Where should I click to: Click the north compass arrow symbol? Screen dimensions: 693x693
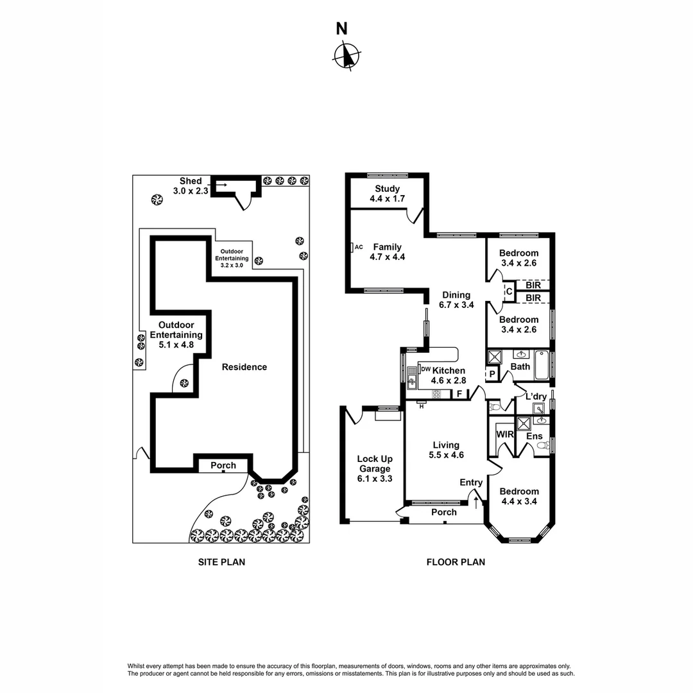346,55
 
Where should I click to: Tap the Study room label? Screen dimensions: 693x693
384,194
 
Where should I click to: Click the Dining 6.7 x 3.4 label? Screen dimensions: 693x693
456,300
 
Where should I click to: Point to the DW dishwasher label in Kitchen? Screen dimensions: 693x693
425,369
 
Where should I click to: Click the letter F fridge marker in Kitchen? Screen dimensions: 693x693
459,394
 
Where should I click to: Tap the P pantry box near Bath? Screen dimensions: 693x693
492,374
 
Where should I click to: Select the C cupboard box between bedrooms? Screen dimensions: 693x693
509,292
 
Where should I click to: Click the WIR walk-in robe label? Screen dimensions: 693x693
504,434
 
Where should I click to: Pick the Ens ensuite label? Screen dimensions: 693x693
534,436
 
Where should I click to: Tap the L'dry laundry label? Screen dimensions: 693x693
535,397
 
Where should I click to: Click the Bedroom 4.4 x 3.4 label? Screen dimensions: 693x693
520,497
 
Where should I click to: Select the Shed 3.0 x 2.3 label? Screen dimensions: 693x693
191,186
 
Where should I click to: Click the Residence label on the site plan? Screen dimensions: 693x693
244,367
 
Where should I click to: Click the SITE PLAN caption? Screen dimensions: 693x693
221,562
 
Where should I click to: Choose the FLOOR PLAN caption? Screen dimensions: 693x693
456,562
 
